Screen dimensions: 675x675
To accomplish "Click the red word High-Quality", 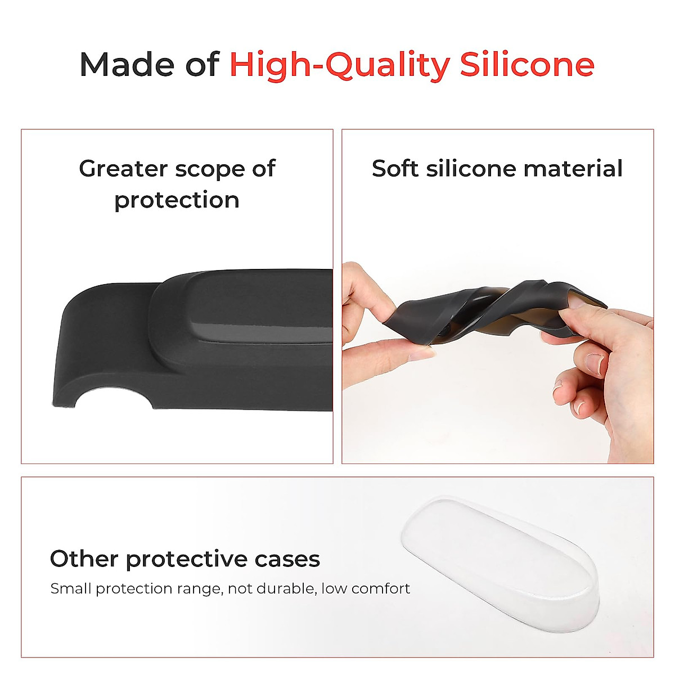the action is pyautogui.click(x=340, y=66).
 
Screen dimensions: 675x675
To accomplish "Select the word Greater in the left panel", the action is pyautogui.click(x=123, y=169).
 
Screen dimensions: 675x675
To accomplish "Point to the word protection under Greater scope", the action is pyautogui.click(x=177, y=201).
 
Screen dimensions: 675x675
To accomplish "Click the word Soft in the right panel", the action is pyautogui.click(x=395, y=169).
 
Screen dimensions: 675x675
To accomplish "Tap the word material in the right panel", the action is pyautogui.click(x=573, y=169).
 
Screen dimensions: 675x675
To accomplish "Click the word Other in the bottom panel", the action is pyautogui.click(x=84, y=559).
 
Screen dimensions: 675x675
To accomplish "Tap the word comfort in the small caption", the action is pyautogui.click(x=381, y=588).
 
